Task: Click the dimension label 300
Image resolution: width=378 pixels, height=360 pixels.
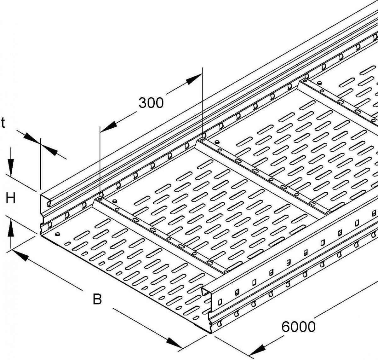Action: click(151, 103)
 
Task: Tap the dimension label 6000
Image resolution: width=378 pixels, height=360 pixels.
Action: click(298, 327)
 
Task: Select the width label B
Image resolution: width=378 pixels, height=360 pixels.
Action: click(97, 299)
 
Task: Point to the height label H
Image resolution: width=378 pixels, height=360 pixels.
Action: click(10, 199)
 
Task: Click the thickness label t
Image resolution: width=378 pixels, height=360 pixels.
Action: click(3, 123)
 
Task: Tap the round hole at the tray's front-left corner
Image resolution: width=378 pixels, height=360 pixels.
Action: click(57, 234)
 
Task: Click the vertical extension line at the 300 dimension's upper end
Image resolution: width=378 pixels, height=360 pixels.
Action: click(202, 101)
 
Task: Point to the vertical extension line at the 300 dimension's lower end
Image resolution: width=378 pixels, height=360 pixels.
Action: click(100, 158)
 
